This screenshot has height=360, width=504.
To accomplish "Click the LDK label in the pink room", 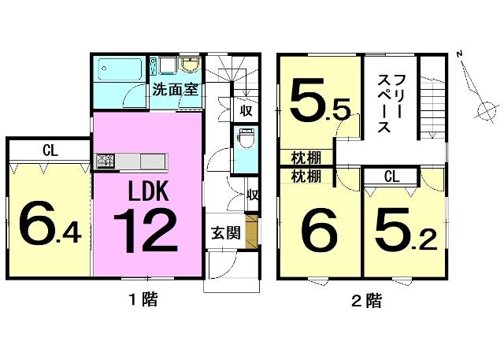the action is [148, 191].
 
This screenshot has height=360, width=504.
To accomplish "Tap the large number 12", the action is [145, 230].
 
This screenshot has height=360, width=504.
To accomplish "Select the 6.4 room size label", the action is [50, 223].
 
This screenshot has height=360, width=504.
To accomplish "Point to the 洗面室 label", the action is [175, 90].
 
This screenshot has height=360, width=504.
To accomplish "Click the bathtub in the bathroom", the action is [120, 69].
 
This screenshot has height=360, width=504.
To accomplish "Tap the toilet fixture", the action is [246, 138].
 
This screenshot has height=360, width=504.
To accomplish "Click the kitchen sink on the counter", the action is [106, 160].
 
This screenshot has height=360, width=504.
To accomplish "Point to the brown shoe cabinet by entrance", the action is [251, 231].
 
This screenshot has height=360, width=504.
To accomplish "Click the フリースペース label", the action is [389, 103].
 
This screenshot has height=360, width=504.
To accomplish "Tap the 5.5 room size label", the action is [320, 100].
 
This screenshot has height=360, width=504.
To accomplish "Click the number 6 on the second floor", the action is [319, 229].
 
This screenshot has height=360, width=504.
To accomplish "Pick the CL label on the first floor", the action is [50, 150].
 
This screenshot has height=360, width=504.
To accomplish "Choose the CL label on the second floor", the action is [392, 176].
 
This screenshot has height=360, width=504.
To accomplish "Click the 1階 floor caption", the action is [143, 300].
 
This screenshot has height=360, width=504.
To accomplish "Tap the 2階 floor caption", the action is [367, 300].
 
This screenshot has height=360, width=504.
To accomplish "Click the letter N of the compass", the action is [460, 54].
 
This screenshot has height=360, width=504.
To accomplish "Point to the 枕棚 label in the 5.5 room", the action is [306, 158].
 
